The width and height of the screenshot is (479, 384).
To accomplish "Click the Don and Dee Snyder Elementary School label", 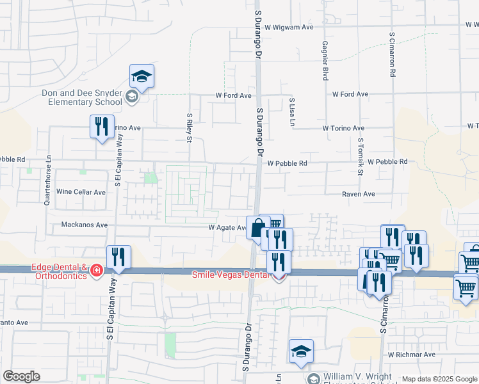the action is click(82, 97).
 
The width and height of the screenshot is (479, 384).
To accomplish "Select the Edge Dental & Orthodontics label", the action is click(49, 271).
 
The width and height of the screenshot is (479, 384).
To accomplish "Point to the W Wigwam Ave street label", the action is click(289, 27).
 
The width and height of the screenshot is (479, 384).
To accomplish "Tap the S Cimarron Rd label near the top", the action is click(392, 54).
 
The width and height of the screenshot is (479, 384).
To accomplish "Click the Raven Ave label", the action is click(357, 194).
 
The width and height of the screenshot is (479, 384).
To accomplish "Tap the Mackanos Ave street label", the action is click(84, 225).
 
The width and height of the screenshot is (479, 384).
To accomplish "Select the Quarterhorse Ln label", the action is click(47, 180).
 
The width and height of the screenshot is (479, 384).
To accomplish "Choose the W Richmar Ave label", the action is click(411, 354).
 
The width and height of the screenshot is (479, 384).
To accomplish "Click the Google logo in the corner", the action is click(21, 376).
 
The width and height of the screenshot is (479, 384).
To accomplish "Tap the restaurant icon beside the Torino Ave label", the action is click(102, 127).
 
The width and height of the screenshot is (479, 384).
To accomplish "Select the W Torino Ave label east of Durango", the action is click(343, 128).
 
